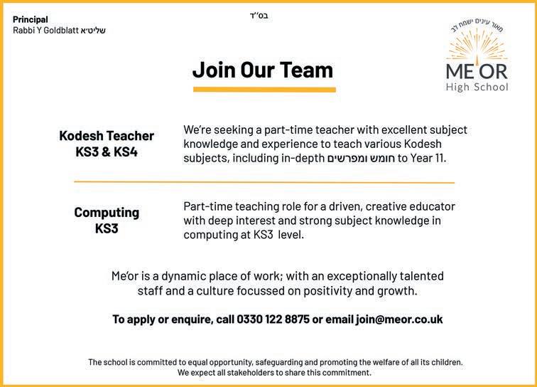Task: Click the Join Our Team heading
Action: pyautogui.click(x=262, y=70)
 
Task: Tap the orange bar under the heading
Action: pyautogui.click(x=264, y=90)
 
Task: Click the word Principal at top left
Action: pyautogui.click(x=31, y=19)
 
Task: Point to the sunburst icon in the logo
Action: pyautogui.click(x=477, y=47)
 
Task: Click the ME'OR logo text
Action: pyautogui.click(x=477, y=73)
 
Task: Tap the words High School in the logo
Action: pyautogui.click(x=477, y=88)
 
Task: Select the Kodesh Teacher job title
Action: pyautogui.click(x=107, y=136)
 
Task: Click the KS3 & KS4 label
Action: pyautogui.click(x=107, y=152)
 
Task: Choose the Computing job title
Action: pyautogui.click(x=107, y=213)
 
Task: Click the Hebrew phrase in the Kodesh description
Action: pyautogui.click(x=362, y=158)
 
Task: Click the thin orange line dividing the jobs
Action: pyautogui.click(x=264, y=182)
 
